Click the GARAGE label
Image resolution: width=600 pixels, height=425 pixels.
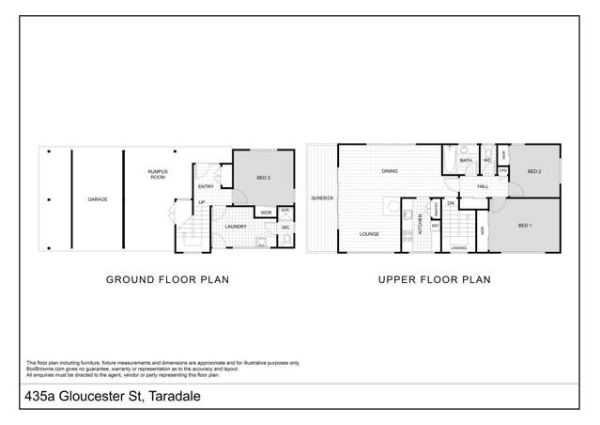point(97,199)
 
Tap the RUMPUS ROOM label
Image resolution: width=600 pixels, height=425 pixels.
point(157,174)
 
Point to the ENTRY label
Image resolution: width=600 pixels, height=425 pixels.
point(206,186)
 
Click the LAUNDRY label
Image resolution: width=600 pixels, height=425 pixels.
point(236,226)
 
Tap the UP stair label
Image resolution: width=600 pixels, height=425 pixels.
point(201,202)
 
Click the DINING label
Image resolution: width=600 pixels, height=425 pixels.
point(389,171)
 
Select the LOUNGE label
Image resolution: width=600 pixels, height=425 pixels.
point(369,233)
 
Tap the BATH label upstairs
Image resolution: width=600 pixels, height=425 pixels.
point(466,161)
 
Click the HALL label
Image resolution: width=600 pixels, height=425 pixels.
point(483,186)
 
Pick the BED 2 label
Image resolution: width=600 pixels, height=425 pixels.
point(533,171)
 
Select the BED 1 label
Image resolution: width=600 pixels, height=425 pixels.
point(524,226)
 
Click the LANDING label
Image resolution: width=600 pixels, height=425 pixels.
point(459,247)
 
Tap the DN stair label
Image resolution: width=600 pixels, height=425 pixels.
point(451,203)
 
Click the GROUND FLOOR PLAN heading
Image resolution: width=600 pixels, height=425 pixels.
point(167,279)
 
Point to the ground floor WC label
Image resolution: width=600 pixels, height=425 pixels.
point(285,227)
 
